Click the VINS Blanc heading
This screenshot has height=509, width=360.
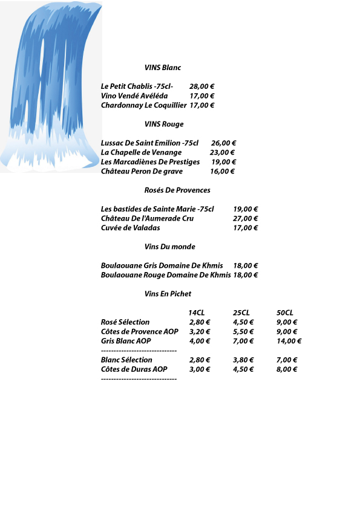[163, 68]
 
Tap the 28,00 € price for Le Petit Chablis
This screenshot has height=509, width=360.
[202, 86]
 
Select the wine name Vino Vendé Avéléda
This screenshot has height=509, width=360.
[134, 96]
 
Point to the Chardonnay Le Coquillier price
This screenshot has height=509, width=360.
[203, 105]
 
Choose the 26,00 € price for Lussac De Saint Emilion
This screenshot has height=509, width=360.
[223, 143]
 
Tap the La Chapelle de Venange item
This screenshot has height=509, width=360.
[141, 153]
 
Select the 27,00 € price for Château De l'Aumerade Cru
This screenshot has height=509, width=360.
[246, 219]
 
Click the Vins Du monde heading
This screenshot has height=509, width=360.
[170, 247]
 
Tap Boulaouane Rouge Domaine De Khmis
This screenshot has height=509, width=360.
[165, 275]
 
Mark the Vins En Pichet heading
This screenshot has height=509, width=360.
[168, 294]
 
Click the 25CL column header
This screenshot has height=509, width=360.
[241, 313]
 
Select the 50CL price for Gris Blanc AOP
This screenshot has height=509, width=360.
[289, 341]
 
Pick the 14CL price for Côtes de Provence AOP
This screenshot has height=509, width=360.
[200, 332]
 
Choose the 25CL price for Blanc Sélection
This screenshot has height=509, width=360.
[243, 360]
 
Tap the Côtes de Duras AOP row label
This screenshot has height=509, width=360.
[134, 369]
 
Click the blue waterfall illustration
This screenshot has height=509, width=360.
[51, 85]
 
